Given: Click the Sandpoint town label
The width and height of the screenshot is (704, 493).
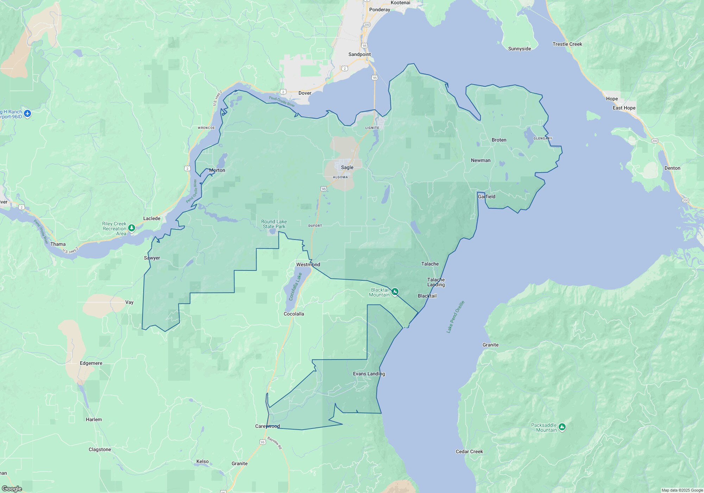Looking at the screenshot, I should click(359, 54).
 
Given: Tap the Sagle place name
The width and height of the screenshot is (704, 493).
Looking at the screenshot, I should click(347, 167).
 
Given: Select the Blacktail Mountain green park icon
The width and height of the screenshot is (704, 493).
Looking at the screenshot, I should click(395, 292).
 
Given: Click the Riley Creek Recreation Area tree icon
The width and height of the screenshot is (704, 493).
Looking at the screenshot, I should click(132, 228).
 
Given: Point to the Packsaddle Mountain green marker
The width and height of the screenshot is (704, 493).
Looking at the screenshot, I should click(562, 427).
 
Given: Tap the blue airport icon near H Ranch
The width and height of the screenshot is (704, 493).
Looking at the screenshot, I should click(28, 114).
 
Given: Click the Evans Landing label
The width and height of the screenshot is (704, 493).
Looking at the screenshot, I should click(369, 374).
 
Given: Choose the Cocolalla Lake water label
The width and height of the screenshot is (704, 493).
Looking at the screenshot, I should click(295, 287).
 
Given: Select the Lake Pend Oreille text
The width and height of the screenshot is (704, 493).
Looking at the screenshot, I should click(455, 317).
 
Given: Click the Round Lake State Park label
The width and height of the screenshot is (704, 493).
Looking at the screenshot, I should click(274, 224).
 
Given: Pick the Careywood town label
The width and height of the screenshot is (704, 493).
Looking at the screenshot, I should click(268, 426).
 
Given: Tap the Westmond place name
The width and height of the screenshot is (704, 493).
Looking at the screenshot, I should click(308, 264).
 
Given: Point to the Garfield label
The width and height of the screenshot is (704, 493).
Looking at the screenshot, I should click(486, 196).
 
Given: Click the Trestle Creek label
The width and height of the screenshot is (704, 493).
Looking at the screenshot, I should click(567, 44).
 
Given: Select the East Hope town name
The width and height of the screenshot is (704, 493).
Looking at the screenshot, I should click(624, 108).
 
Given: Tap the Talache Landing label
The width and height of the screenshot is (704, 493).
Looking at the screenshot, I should click(436, 282).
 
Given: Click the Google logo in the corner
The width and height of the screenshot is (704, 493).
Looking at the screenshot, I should click(12, 488).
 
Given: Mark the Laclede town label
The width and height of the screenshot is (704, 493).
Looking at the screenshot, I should click(152, 218).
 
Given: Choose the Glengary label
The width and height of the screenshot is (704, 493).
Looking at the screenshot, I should click(542, 138).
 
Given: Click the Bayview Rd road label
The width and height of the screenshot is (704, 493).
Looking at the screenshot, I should click(275, 443).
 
